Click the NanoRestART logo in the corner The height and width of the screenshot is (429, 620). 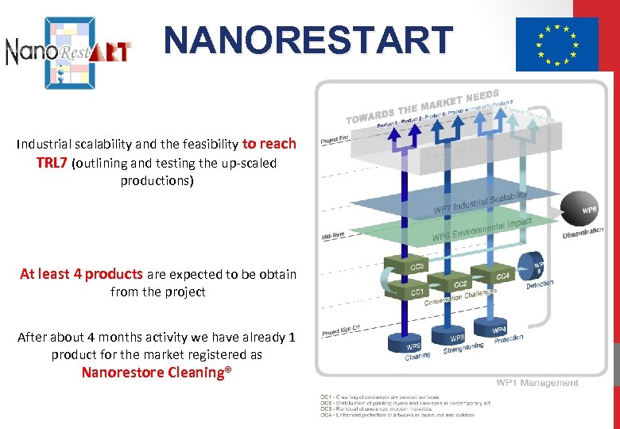(68, 50)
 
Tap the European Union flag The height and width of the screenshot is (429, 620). (556, 44)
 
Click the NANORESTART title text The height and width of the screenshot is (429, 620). (308, 40)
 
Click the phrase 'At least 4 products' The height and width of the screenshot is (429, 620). (81, 274)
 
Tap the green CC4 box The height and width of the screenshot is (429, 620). (502, 275)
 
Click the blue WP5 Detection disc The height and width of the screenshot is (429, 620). (535, 265)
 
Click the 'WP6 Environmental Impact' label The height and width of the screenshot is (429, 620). (481, 229)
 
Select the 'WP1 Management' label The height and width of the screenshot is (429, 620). (537, 383)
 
